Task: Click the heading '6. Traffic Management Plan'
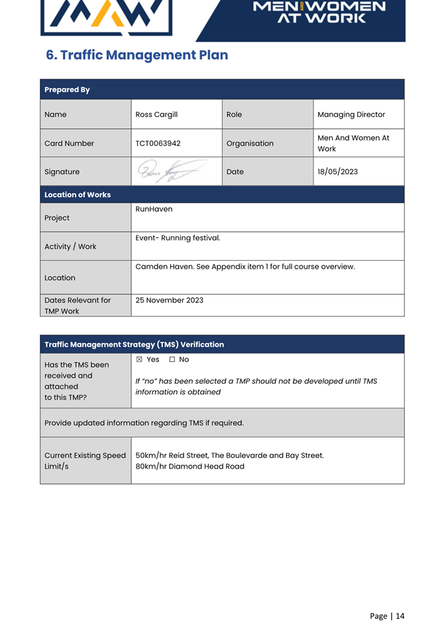137,55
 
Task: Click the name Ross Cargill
156,115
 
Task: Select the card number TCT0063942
158,143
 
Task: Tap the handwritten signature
171,172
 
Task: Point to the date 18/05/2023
337,171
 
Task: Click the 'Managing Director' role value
351,115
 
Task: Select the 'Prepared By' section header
67,89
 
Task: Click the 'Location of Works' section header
78,195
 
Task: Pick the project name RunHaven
154,209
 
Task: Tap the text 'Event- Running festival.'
178,238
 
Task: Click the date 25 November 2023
169,300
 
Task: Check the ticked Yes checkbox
139,359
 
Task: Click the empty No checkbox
172,359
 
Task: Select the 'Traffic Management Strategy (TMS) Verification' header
134,344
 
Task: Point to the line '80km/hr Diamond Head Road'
190,466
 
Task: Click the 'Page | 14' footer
386,616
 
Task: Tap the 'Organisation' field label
250,143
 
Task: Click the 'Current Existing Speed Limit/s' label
84,461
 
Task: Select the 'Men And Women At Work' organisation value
353,143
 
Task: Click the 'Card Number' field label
69,143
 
